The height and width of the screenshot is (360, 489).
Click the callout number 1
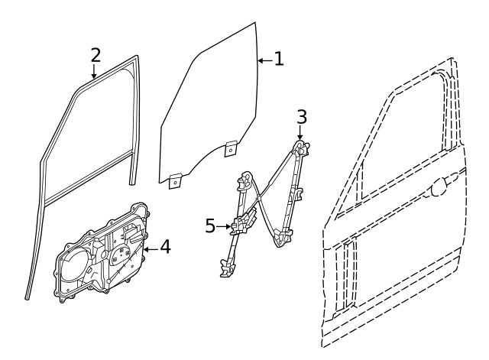[x=279, y=59]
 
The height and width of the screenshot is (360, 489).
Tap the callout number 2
[x=96, y=55]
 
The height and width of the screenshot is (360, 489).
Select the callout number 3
[x=302, y=117]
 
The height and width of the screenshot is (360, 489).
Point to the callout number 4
[x=165, y=246]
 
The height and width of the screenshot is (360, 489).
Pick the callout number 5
[x=211, y=225]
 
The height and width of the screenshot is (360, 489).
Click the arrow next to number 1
[x=265, y=60]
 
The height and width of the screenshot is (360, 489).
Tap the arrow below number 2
[x=93, y=71]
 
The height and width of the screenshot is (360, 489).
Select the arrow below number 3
[x=300, y=132]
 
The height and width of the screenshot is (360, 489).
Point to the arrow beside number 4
[x=151, y=249]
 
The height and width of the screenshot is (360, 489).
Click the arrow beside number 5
[x=224, y=226]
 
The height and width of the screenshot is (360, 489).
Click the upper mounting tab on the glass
[x=231, y=148]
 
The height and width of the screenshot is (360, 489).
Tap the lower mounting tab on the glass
[x=175, y=181]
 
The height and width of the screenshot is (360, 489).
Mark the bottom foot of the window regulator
[x=228, y=268]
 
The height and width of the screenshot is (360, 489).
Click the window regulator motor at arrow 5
[x=244, y=222]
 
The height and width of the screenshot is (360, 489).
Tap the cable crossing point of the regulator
[x=258, y=197]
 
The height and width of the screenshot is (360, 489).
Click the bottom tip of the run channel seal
[x=28, y=298]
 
